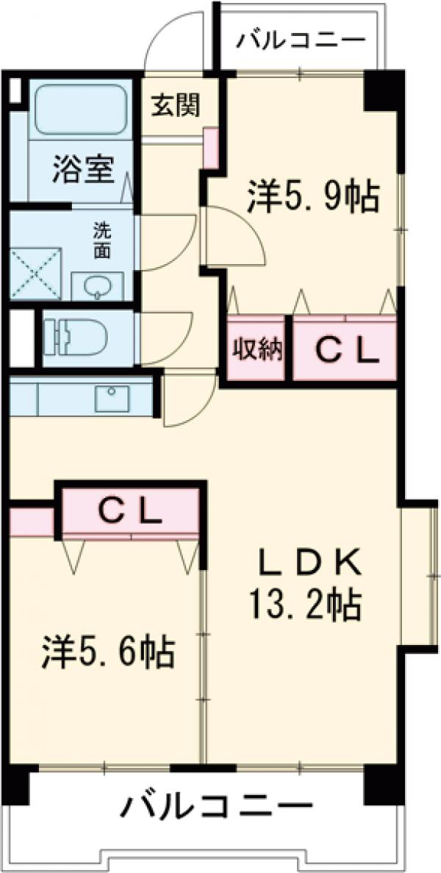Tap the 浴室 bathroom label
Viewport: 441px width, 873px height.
click(83, 171)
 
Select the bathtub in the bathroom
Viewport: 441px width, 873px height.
click(80, 111)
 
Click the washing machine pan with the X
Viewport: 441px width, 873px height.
click(35, 274)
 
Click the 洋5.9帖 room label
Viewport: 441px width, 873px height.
click(313, 195)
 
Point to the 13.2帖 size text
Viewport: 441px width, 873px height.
click(304, 605)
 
